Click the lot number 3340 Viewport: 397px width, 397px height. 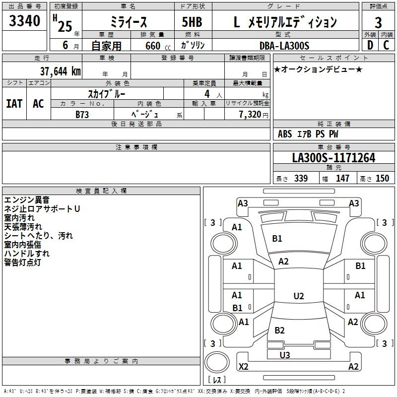24,20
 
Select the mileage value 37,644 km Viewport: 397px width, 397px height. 60,71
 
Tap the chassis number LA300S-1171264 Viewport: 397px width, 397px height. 333,158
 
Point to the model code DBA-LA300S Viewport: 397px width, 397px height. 284,46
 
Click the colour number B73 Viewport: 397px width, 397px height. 82,115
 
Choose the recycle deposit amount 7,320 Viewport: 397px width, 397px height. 250,114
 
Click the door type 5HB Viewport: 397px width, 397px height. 192,22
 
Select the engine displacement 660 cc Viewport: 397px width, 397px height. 158,46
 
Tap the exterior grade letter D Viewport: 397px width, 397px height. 370,45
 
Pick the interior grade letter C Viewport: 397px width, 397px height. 386,45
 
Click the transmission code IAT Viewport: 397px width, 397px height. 14,104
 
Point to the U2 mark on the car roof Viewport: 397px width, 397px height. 299,296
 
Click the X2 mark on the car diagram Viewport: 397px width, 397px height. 243,366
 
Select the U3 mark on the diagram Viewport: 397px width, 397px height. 284,355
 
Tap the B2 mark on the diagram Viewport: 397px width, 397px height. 279,330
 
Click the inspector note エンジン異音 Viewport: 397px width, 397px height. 27,200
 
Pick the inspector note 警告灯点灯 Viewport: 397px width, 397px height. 22,263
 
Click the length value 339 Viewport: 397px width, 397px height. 301,178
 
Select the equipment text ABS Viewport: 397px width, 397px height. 285,134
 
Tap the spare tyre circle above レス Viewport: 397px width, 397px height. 217,362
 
